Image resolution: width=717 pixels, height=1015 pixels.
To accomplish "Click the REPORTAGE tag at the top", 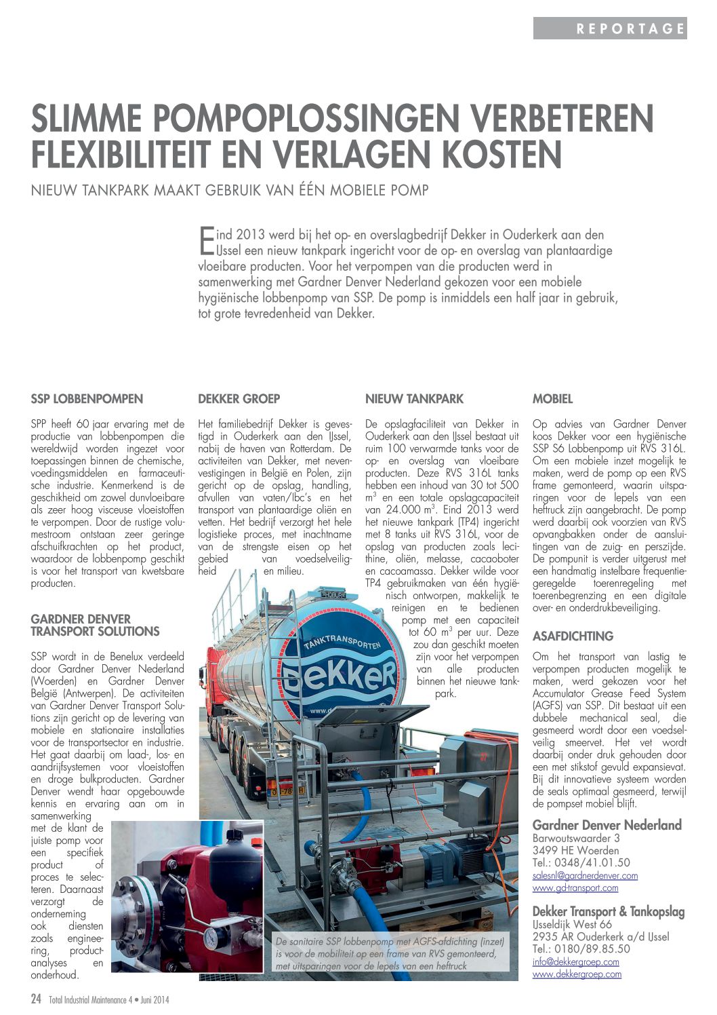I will [x=630, y=28].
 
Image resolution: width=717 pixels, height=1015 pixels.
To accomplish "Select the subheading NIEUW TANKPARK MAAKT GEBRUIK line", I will [x=230, y=190].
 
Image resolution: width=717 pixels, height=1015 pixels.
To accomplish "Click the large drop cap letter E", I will [x=205, y=240].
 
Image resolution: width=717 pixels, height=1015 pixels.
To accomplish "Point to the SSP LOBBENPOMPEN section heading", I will [x=87, y=399].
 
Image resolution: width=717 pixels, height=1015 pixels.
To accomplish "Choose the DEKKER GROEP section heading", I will [x=239, y=399].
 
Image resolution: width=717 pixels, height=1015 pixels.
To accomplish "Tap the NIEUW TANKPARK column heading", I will [x=414, y=399].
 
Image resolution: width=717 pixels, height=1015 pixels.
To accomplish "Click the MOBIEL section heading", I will [x=552, y=399].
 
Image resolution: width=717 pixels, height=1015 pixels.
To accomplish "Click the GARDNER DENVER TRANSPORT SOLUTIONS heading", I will [x=95, y=625].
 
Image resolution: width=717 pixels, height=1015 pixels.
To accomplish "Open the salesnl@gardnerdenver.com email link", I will [x=585, y=875].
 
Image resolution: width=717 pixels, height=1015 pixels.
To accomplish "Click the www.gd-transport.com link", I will [x=575, y=887].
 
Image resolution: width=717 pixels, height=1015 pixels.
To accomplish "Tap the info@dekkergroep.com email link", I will [x=575, y=961].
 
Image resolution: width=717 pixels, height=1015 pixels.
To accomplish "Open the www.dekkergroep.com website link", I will [x=577, y=974].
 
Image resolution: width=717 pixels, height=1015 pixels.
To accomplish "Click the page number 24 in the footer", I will [x=37, y=999].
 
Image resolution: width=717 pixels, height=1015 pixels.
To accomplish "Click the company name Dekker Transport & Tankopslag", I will [x=608, y=911].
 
